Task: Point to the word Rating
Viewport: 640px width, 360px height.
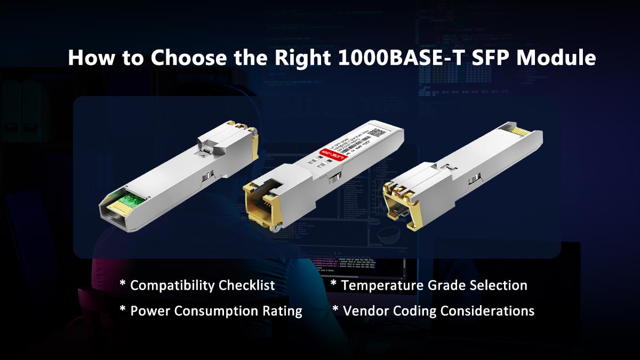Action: (x=283, y=311)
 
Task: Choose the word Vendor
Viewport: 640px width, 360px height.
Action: (x=365, y=311)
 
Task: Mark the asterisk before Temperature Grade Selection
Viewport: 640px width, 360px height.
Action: (x=334, y=283)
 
